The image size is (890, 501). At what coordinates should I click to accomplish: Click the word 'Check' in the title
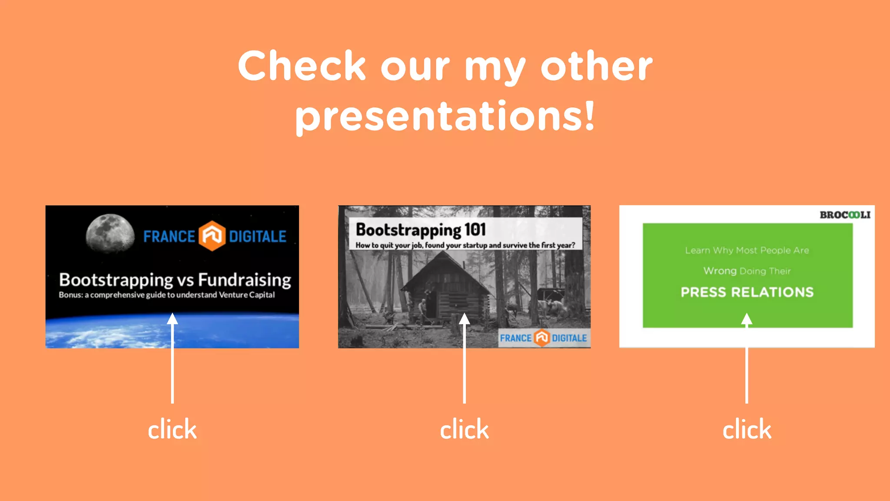coord(302,66)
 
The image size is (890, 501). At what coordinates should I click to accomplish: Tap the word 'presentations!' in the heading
coord(445,116)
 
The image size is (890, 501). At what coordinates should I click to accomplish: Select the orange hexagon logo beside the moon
coord(212,236)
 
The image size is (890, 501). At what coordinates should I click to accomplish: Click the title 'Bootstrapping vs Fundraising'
coord(175,280)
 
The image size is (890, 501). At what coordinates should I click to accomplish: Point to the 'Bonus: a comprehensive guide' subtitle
coord(166,295)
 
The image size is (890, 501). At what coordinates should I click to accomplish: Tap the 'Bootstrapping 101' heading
coord(420,230)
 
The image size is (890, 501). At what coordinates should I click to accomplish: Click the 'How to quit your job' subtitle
coord(465,245)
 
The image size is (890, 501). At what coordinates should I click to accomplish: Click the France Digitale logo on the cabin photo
coord(543,338)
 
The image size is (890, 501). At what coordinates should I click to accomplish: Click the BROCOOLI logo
coord(845,215)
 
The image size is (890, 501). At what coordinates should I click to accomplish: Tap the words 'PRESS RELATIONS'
coord(747,292)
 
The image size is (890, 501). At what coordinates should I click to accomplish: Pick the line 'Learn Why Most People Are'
coord(747,250)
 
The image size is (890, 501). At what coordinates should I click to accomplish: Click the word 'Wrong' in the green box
coord(720,271)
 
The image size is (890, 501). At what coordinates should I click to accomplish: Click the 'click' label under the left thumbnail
coord(172,430)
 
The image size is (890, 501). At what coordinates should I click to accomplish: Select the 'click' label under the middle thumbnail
coord(464,430)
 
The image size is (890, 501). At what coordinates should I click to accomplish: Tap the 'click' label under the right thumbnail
coord(747,430)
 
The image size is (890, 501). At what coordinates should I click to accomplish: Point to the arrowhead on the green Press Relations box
coord(747,320)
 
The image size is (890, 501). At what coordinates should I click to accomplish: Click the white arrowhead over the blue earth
coord(173,319)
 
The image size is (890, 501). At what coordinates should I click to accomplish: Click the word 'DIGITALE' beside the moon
coord(257,237)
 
